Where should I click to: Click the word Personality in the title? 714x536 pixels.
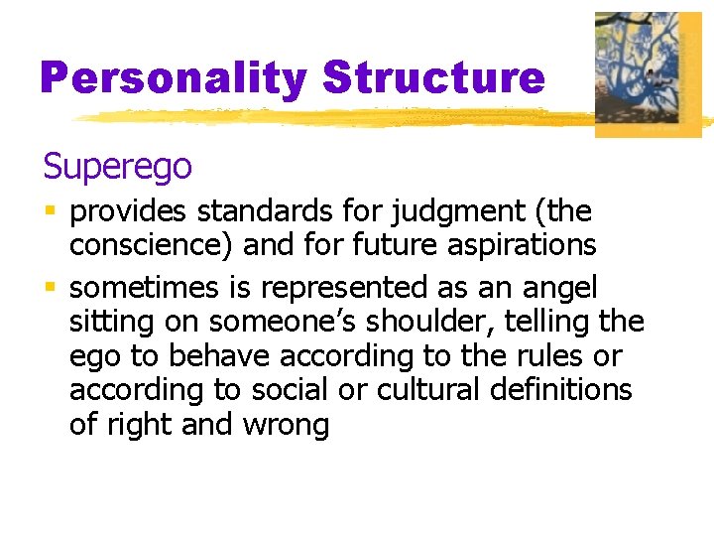[x=175, y=78]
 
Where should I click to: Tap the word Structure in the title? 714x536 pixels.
[x=433, y=78]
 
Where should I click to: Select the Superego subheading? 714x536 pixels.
[x=117, y=167]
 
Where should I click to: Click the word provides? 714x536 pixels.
[x=130, y=211]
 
